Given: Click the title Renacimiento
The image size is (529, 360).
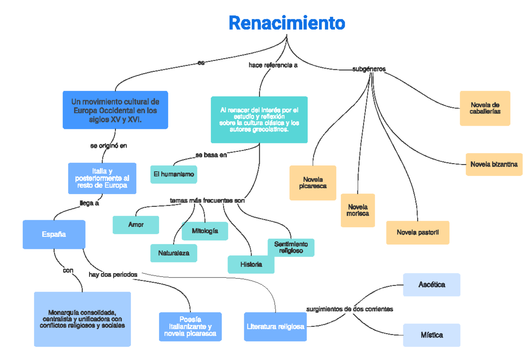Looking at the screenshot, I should click(287, 23).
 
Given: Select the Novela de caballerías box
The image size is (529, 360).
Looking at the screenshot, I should click(484, 109).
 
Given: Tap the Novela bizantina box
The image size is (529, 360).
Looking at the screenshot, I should click(494, 165).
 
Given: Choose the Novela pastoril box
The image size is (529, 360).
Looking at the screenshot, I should click(417, 232).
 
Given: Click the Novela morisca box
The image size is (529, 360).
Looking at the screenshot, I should click(358, 210).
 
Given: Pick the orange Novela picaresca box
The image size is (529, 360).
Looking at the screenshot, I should click(313, 183).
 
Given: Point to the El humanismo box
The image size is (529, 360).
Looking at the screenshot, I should click(174, 174).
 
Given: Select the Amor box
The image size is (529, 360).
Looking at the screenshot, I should click(136, 225).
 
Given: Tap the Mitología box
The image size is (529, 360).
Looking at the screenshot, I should click(205, 231).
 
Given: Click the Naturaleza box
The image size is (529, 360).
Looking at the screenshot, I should click(174, 253).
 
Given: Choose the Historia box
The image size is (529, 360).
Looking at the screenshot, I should click(251, 265).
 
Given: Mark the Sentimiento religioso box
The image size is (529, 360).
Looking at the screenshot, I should click(291, 247).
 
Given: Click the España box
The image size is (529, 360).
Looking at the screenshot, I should click(54, 235).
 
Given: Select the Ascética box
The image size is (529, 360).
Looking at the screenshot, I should click(432, 285).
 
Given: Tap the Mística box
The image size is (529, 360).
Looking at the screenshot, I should click(432, 335).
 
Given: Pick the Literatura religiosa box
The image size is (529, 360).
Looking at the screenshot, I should click(275, 327).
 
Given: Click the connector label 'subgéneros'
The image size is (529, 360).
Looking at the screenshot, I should click(369, 69).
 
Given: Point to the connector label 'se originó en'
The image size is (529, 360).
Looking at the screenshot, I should click(108, 146).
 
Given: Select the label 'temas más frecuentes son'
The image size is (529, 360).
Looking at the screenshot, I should click(207, 201).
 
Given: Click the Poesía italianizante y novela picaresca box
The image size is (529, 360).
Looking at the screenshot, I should click(190, 327).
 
